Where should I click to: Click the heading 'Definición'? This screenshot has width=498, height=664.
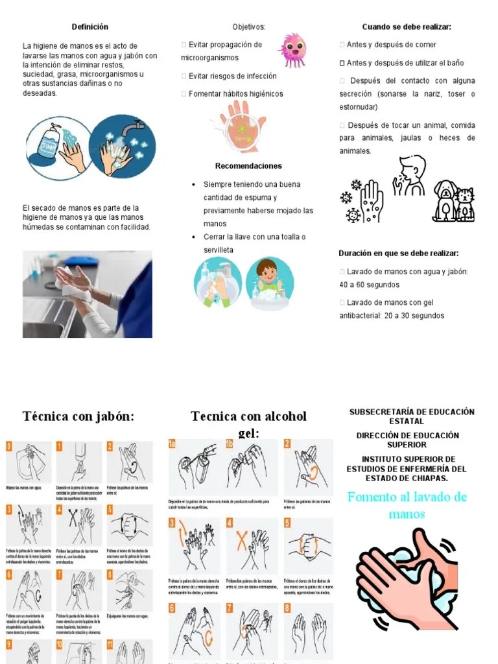pyautogui.click(x=90, y=27)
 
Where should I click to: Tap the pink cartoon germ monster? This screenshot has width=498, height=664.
pyautogui.click(x=292, y=50)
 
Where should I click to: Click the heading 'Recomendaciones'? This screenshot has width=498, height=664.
pyautogui.click(x=248, y=166)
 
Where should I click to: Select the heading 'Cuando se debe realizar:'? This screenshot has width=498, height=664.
pyautogui.click(x=407, y=27)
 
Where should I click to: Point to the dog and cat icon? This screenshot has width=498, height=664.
pyautogui.click(x=453, y=201)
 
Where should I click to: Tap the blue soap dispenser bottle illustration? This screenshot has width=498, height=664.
pyautogui.click(x=49, y=147)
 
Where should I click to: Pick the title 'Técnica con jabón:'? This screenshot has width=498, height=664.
pyautogui.click(x=78, y=416)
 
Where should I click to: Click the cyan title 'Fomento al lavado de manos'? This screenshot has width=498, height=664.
pyautogui.click(x=407, y=505)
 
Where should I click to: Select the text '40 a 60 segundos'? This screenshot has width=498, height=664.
pyautogui.click(x=369, y=285)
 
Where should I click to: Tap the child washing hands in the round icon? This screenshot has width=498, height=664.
pyautogui.click(x=269, y=282)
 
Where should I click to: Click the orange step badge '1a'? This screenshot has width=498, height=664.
pyautogui.click(x=172, y=444)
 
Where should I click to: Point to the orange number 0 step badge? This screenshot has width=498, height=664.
pyautogui.click(x=9, y=446)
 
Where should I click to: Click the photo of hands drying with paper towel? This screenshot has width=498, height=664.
pyautogui.click(x=88, y=294)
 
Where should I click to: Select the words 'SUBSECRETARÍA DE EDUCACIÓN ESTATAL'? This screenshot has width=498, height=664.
pyautogui.click(x=412, y=416)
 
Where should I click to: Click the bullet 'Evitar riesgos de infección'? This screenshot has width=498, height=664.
pyautogui.click(x=232, y=76)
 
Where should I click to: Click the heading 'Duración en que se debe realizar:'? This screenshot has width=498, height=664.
pyautogui.click(x=398, y=254)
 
